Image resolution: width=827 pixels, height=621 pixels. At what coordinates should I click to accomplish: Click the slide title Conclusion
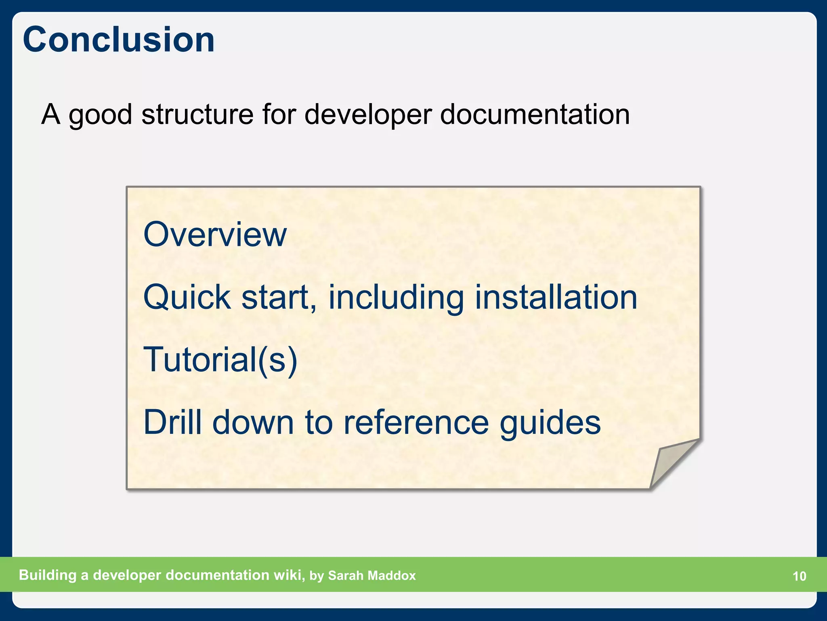pos(119,40)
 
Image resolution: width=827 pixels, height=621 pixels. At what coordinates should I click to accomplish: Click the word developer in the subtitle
pos(367,115)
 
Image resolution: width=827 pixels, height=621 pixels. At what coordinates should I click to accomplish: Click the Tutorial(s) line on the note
pos(220,359)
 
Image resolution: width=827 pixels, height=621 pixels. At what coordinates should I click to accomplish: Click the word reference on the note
pos(416,422)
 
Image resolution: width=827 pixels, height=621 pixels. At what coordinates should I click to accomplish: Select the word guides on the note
pos(550,423)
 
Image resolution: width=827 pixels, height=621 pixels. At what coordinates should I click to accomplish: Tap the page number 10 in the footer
pos(799,576)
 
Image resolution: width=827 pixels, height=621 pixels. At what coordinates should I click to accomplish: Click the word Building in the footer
pos(48,575)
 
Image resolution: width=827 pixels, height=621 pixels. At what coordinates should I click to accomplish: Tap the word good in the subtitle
pos(100,115)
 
